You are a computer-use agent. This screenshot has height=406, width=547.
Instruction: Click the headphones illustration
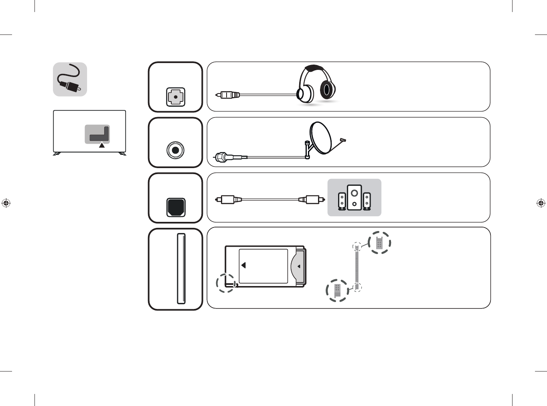[x=316, y=85]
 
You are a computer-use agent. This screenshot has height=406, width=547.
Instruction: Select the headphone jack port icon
[x=176, y=97]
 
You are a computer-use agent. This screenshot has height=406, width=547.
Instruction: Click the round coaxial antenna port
[x=175, y=150]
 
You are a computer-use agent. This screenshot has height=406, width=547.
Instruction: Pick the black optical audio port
[x=176, y=207]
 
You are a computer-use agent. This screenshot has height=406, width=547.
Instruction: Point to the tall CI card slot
[x=181, y=268]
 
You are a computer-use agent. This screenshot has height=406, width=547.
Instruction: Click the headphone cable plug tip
[x=218, y=95]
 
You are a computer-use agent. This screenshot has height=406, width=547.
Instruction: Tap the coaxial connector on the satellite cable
[x=222, y=156]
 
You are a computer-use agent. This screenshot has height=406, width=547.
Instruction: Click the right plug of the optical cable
[x=312, y=199]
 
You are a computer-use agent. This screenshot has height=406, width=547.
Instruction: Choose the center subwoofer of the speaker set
[x=354, y=197]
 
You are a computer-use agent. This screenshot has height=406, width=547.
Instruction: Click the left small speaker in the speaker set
[x=342, y=201]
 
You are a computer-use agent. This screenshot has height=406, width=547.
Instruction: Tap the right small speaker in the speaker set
[x=367, y=201]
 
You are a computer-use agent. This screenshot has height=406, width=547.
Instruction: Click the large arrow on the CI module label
[x=243, y=265]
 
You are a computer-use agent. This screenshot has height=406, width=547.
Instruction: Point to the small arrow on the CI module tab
[x=298, y=266]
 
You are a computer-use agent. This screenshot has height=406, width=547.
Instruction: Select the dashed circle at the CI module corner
[x=226, y=282]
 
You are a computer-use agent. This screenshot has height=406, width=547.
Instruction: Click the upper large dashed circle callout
[x=379, y=243]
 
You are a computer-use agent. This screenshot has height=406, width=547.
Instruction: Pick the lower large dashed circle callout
[x=337, y=290]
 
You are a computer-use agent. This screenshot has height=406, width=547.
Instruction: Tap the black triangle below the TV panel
[x=102, y=145]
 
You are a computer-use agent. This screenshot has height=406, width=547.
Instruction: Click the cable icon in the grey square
[x=70, y=79]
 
